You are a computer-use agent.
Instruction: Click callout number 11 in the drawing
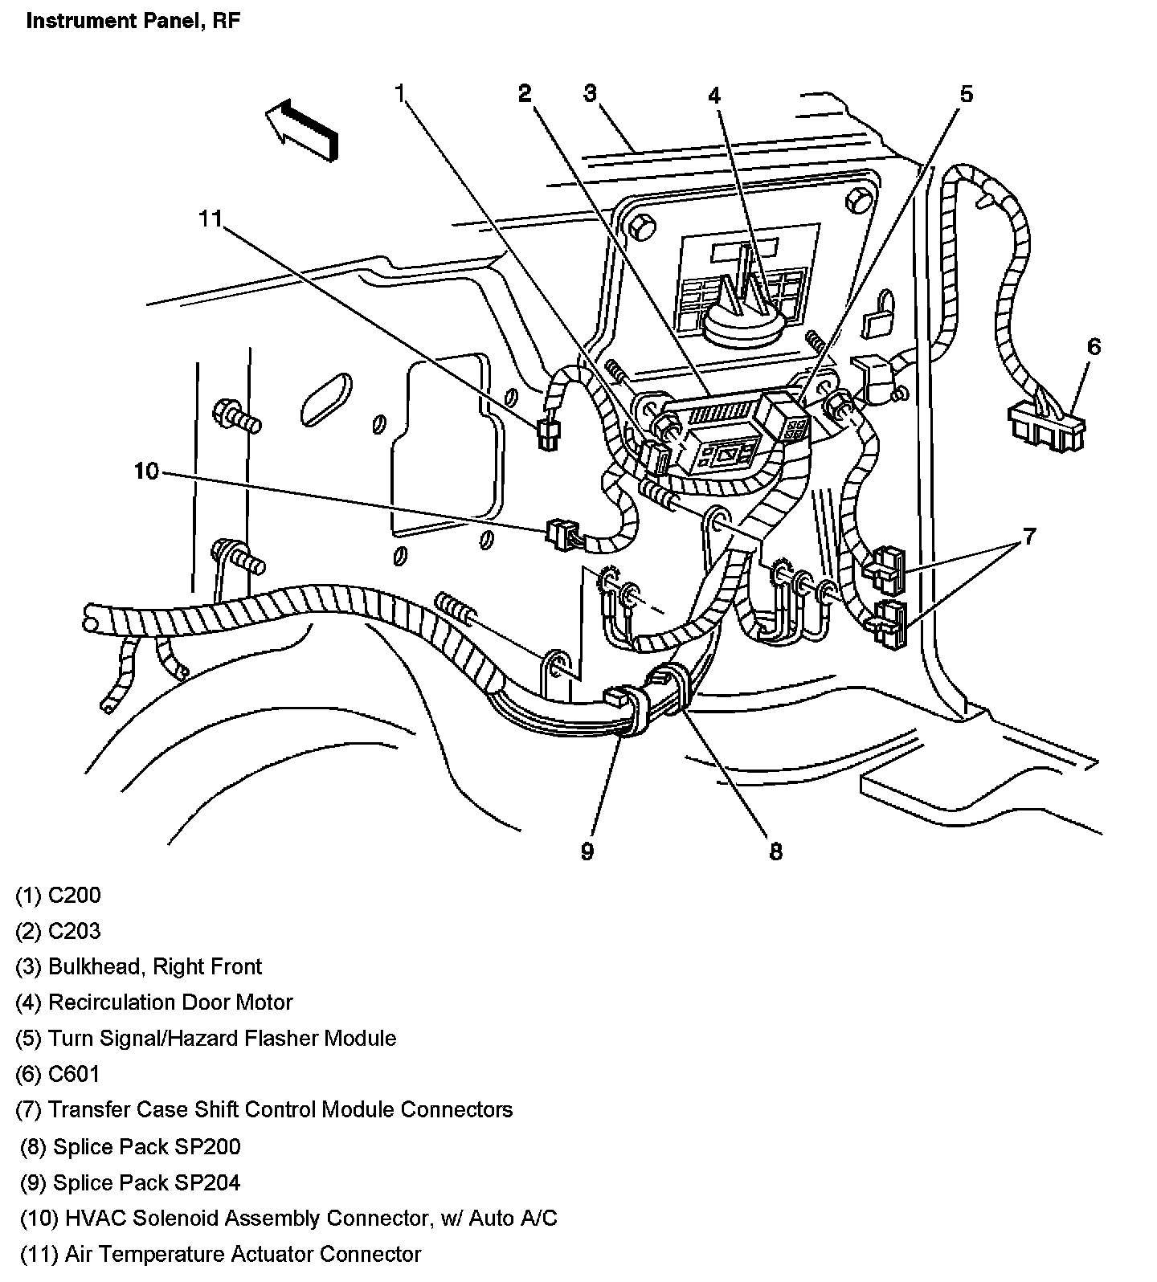pyautogui.click(x=210, y=218)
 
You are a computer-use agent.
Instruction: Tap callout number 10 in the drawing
pyautogui.click(x=147, y=471)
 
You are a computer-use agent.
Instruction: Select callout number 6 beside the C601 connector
pyautogui.click(x=1094, y=347)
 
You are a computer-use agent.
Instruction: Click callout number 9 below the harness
pyautogui.click(x=587, y=851)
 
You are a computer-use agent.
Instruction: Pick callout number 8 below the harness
pyautogui.click(x=775, y=851)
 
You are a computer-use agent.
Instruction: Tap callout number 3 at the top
pyautogui.click(x=590, y=94)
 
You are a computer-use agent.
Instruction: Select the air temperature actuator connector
pyautogui.click(x=549, y=435)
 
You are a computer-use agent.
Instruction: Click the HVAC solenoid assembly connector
pyautogui.click(x=561, y=534)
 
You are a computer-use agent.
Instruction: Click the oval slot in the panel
pyautogui.click(x=329, y=398)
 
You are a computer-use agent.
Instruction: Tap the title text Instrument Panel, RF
pyautogui.click(x=133, y=21)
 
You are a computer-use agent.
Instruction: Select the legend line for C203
pyautogui.click(x=59, y=931)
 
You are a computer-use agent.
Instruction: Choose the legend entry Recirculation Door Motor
pyautogui.click(x=154, y=1002)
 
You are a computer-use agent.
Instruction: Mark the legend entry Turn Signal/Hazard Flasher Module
pyautogui.click(x=206, y=1038)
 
